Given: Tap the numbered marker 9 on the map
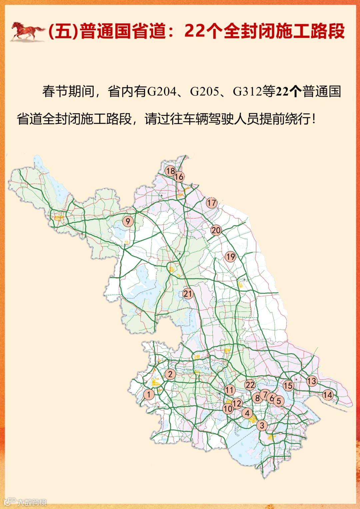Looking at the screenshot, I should pos(128,221).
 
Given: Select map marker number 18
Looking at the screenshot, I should pos(170,171).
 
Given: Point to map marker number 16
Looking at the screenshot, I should pos(179,177).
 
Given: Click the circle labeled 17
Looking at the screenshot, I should pos(212,203).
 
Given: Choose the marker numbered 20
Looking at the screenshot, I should pos(216,230).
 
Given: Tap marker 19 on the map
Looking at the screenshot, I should pos(230,256).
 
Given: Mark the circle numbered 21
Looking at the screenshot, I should pos(188,293).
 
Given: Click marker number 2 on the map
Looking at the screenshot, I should pos(170,374).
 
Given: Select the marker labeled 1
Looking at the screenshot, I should pos(149,394).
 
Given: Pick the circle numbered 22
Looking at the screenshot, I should pos(250,385).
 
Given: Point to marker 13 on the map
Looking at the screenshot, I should pos(312,381).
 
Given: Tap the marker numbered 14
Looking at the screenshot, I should pos(328,395).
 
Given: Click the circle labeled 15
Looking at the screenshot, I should pos(288,386).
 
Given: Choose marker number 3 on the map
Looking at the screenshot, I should pos(262,425).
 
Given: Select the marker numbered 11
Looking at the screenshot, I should pos(230,390).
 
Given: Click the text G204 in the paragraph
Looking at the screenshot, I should pos(162,91).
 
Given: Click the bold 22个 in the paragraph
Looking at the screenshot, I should pos(288,91).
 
